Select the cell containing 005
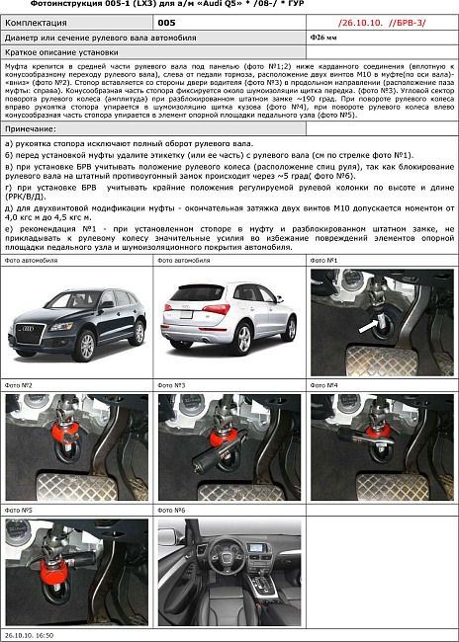167,21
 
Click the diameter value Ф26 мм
323,37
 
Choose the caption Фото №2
19,384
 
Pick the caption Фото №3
173,384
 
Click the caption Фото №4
325,384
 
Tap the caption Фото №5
19,510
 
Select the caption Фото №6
173,510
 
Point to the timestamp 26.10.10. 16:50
31,636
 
